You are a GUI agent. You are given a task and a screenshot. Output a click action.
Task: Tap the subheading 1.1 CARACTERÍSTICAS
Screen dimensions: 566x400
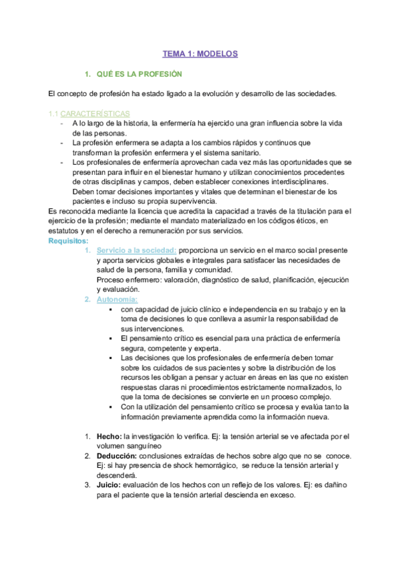tap(90, 114)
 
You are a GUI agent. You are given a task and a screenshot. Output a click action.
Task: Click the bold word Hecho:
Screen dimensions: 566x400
tap(109, 437)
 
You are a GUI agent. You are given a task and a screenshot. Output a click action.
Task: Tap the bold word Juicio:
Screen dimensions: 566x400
tap(110, 485)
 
